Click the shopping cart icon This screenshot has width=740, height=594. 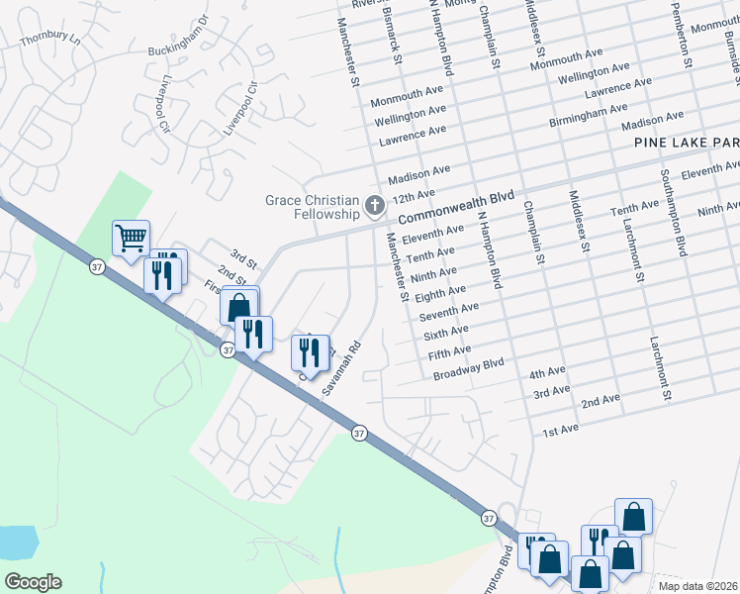coord(131,238)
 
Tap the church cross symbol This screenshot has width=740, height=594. coord(375,206)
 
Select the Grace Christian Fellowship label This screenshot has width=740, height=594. coord(312,207)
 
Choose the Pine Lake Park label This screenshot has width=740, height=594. coord(687,144)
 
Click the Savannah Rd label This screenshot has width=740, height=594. coord(342,369)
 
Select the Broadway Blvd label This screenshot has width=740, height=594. coord(469,369)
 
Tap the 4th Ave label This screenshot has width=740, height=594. coord(547,372)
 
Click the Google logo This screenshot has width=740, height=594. coord(33,582)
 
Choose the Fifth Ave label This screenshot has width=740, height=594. coord(449,350)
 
